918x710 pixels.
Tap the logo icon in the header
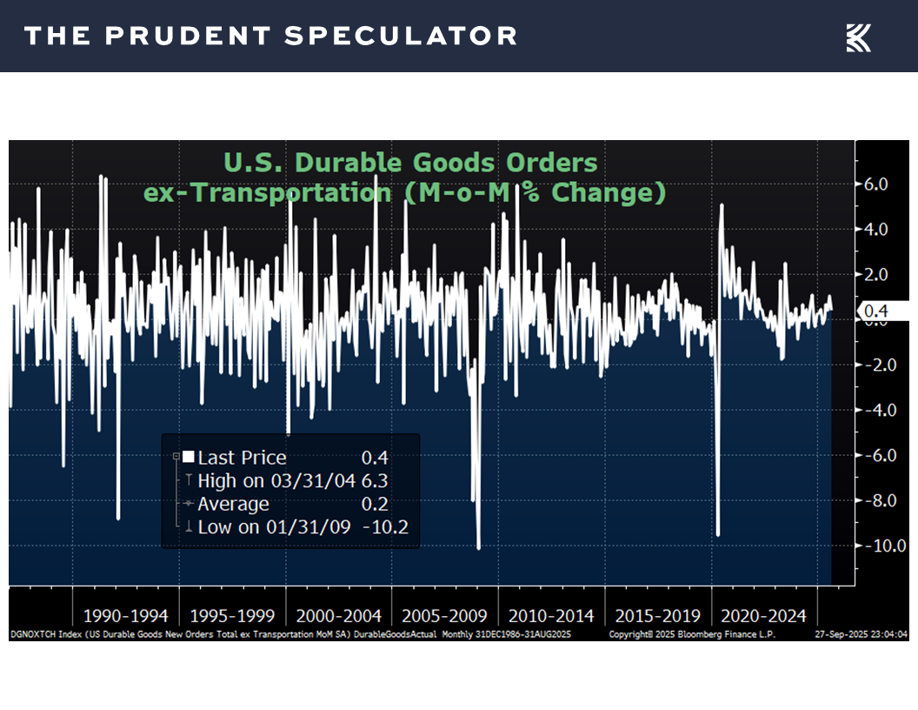tap(858, 37)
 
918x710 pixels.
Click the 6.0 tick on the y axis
tap(875, 184)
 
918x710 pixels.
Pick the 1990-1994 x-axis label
tap(125, 616)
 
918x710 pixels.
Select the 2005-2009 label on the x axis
tap(444, 616)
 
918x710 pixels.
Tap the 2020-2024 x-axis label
tap(764, 616)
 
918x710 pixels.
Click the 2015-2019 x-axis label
tap(657, 616)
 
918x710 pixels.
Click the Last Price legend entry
tap(242, 458)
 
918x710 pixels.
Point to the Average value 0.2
tap(376, 504)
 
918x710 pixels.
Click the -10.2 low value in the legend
tap(385, 526)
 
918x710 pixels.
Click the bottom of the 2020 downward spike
tap(718, 535)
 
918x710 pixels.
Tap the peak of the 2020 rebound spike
tap(722, 205)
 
